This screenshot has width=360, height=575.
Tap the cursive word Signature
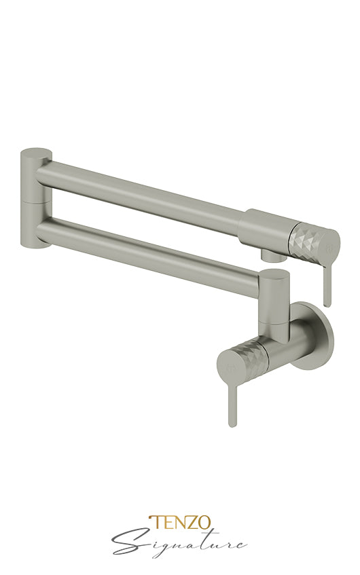179,542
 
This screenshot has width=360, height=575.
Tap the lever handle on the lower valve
232,401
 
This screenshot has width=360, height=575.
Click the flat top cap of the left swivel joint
35,151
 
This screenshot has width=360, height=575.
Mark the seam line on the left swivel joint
34,201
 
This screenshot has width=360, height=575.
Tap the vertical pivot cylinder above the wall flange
274,299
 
